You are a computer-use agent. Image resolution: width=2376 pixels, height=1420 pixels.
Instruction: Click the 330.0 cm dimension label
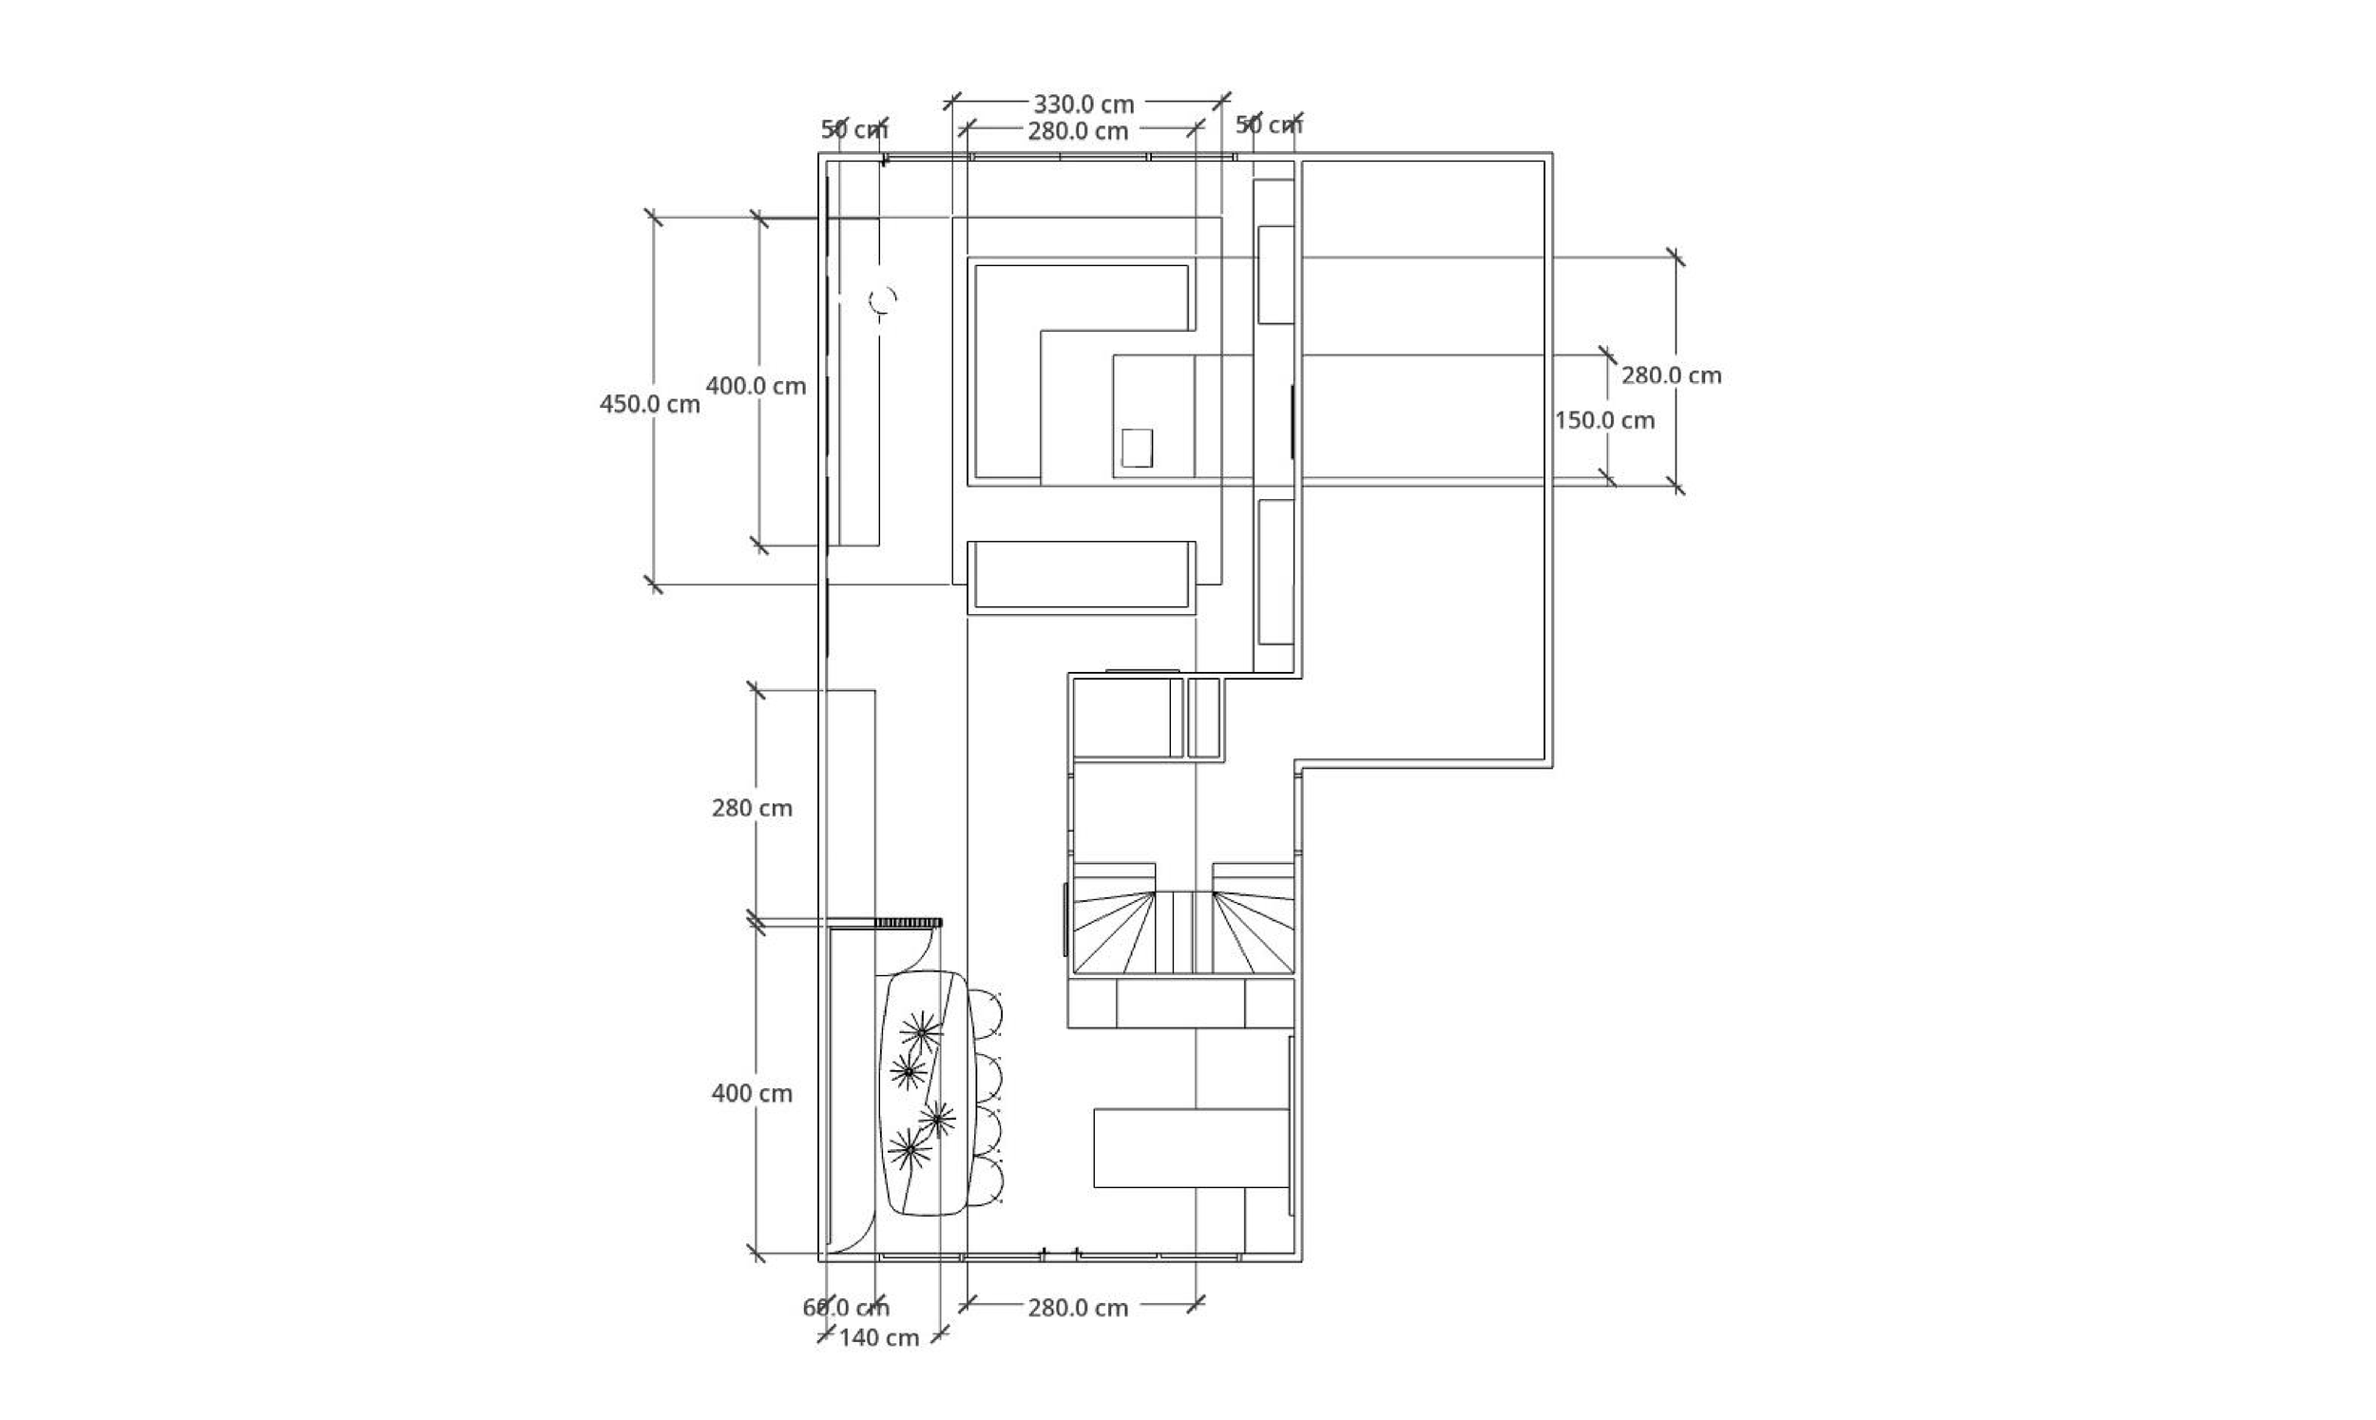(x=1083, y=104)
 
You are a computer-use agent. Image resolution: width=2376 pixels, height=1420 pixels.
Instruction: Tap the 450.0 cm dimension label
(x=649, y=404)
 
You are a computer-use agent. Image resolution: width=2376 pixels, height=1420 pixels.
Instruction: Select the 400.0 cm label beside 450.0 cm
(x=756, y=386)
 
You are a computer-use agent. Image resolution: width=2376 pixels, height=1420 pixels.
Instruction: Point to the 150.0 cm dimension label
(x=1604, y=420)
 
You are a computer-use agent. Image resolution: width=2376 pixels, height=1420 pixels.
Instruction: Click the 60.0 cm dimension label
(x=846, y=1307)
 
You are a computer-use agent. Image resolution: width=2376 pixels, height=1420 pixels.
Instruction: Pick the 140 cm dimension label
(x=878, y=1337)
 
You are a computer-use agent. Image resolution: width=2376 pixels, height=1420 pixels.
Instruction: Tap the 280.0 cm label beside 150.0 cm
(x=1671, y=375)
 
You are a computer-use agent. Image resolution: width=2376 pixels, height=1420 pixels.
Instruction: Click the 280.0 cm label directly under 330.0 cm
(x=1078, y=131)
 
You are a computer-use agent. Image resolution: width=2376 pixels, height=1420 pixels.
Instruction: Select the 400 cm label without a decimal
(x=752, y=1093)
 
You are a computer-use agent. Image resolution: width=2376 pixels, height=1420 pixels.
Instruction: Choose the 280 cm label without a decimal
(x=752, y=808)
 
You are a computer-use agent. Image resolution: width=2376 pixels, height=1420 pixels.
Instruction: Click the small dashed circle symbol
(x=883, y=300)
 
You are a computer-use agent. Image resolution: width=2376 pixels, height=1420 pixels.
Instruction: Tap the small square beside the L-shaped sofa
(x=1137, y=448)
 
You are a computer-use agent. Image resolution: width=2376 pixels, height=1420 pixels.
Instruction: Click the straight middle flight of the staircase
(x=1184, y=932)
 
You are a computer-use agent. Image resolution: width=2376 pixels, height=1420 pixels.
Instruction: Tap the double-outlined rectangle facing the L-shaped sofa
(x=1081, y=577)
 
